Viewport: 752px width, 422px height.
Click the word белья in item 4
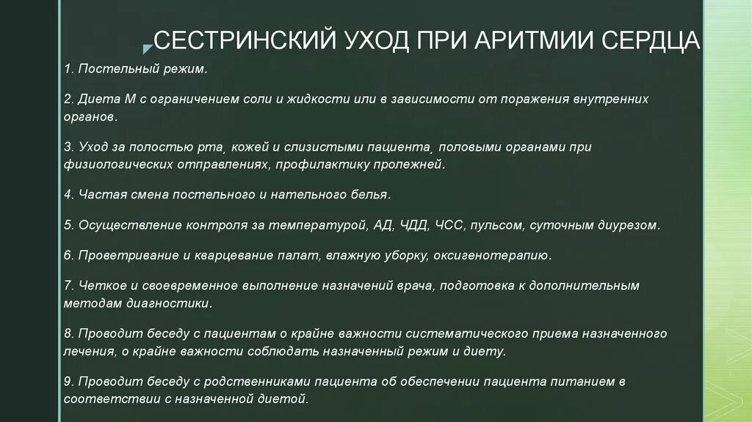point(370,195)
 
